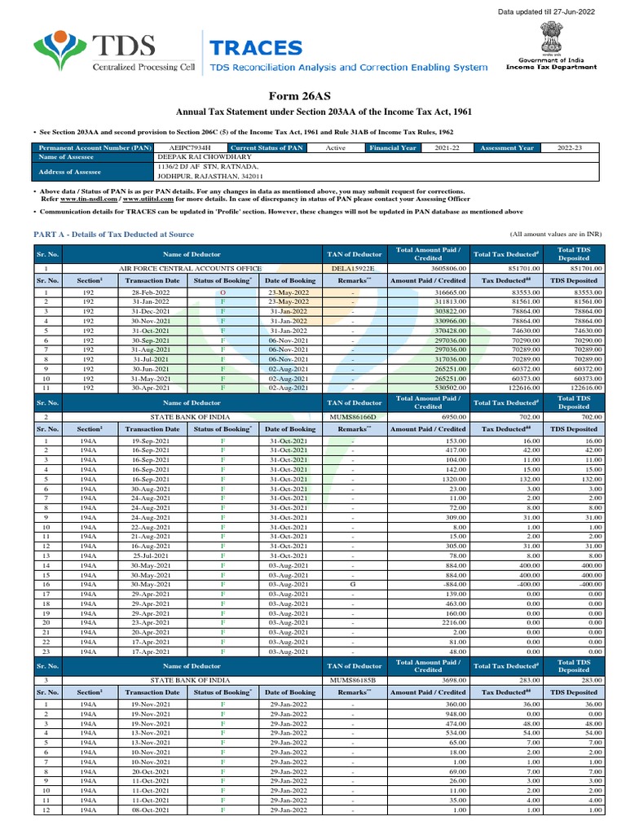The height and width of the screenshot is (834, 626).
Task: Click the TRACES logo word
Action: pyautogui.click(x=255, y=48)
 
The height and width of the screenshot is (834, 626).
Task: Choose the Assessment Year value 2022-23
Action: pyautogui.click(x=569, y=148)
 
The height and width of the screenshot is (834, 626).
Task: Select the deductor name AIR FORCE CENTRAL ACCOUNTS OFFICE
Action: pyautogui.click(x=191, y=268)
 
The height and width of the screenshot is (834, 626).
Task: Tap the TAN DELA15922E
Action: pyautogui.click(x=354, y=268)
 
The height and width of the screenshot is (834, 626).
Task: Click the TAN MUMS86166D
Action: pyautogui.click(x=354, y=415)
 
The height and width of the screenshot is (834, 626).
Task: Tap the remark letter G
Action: pyautogui.click(x=353, y=584)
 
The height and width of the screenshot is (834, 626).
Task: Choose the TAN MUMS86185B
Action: pyautogui.click(x=354, y=679)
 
